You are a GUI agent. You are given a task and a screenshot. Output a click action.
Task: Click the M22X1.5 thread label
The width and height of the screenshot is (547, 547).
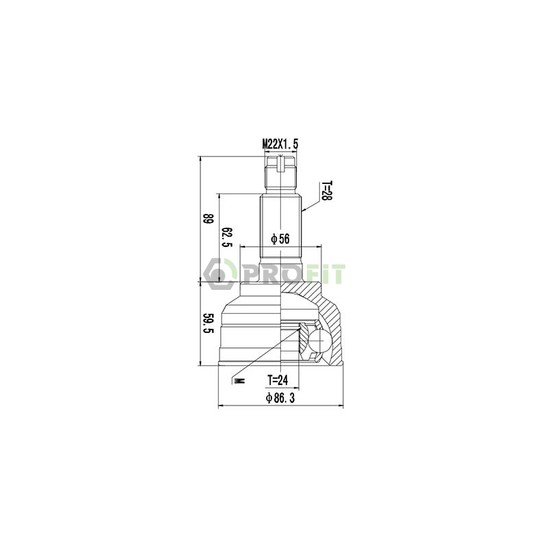[x=280, y=144]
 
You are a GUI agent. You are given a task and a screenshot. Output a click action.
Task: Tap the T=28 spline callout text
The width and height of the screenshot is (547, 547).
[x=327, y=191]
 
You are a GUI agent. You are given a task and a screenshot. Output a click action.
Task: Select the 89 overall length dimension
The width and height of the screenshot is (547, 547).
[x=209, y=219]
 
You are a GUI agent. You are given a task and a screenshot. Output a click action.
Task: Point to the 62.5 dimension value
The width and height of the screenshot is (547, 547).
[x=227, y=237]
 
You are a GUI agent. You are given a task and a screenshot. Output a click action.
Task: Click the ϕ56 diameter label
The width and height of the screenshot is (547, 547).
[x=280, y=239]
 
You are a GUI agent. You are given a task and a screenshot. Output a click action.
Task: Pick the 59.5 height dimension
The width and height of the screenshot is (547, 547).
[x=209, y=323]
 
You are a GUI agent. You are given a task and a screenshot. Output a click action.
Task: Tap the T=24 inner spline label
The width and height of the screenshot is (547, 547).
[x=278, y=380]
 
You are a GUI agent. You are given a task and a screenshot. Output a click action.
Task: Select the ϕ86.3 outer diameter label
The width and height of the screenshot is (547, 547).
[x=280, y=398]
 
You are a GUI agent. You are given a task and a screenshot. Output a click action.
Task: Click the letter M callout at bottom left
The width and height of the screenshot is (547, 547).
[x=239, y=380]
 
